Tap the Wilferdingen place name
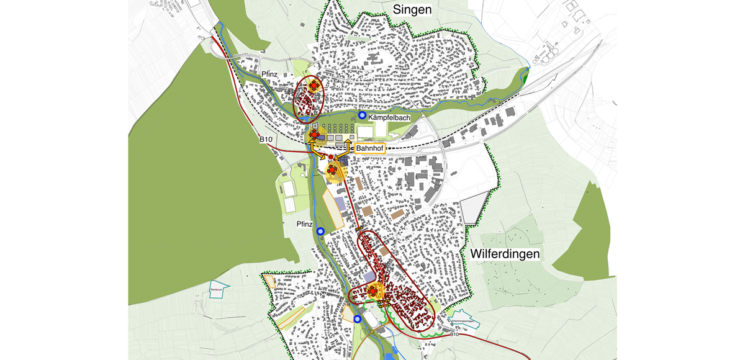[x=505, y=254]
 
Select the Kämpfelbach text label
[x=389, y=117]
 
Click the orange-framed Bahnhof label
[x=369, y=148]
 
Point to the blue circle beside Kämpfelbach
[x=362, y=115]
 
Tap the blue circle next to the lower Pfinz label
[x=320, y=231]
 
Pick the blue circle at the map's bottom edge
[x=358, y=319]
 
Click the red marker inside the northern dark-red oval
[x=314, y=85]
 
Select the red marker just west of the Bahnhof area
[x=314, y=134]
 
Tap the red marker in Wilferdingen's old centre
[x=373, y=290]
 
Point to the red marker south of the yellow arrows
[x=333, y=169]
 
